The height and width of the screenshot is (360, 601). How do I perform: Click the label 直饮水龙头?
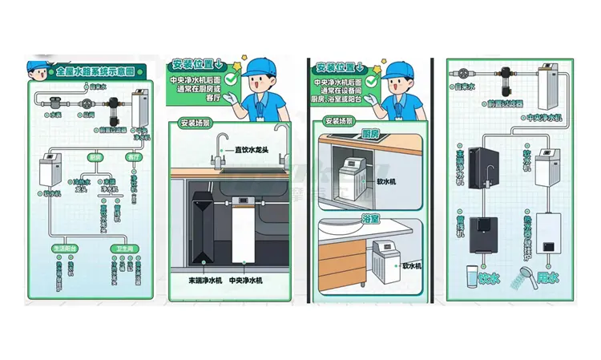pos(248,150)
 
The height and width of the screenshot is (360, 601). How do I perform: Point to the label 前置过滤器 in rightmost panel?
pos(505,103)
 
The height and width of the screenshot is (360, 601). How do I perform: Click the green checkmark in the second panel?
pos(229,79)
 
